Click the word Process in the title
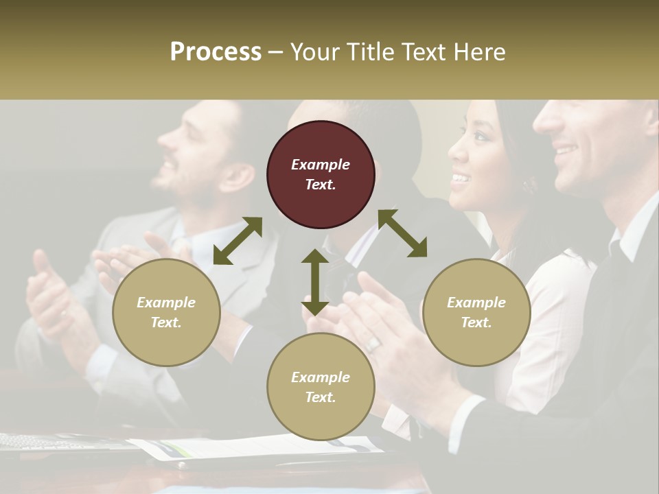[x=216, y=52]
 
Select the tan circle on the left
[x=166, y=312]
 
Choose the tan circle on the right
[x=476, y=312]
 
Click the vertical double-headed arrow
[x=314, y=281]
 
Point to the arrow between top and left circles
[x=238, y=240]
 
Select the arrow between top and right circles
[x=402, y=233]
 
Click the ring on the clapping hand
[x=373, y=344]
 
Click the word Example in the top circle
[x=321, y=165]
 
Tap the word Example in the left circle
[x=166, y=303]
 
